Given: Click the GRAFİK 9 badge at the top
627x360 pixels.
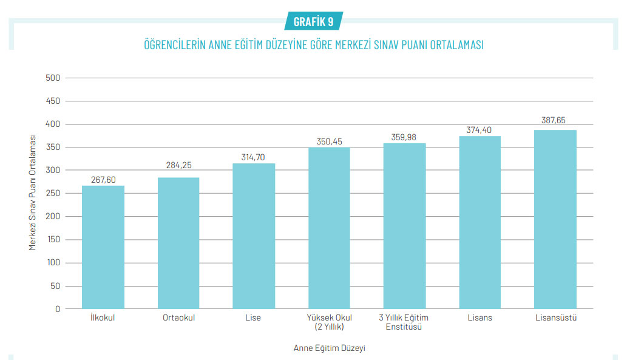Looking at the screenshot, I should pos(313,21).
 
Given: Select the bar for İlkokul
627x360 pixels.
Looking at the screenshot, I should pos(103,247).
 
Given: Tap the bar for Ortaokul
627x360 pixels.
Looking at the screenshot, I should pos(178,243).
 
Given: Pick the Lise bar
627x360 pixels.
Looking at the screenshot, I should pos(254,236).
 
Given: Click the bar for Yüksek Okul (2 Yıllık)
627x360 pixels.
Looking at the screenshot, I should pos(329,228).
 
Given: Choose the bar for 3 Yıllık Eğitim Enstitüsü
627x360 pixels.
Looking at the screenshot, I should pos(404,226).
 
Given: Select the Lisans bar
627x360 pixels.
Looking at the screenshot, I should pos(480,222).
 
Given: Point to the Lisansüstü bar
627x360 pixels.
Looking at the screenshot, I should pos(555,219).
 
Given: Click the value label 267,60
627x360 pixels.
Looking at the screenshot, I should pos(103,179).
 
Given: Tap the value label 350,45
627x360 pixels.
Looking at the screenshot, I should pos(329,141).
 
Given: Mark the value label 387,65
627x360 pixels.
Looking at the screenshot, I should pos(555,121).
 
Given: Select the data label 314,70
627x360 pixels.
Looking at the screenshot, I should pos(254,157).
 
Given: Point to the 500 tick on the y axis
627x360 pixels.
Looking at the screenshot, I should pos(53,78).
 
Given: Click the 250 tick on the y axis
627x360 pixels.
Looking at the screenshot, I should pos(53,193).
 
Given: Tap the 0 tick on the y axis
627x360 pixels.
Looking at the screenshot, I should pos(58,308).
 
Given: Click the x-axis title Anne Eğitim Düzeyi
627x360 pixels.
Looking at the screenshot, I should pos(329,348).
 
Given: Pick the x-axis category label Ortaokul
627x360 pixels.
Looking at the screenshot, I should pos(178,318).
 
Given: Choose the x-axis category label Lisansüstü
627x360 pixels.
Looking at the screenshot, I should pos(555,318).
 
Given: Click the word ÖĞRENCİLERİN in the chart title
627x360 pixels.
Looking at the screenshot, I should pos(174,46).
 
